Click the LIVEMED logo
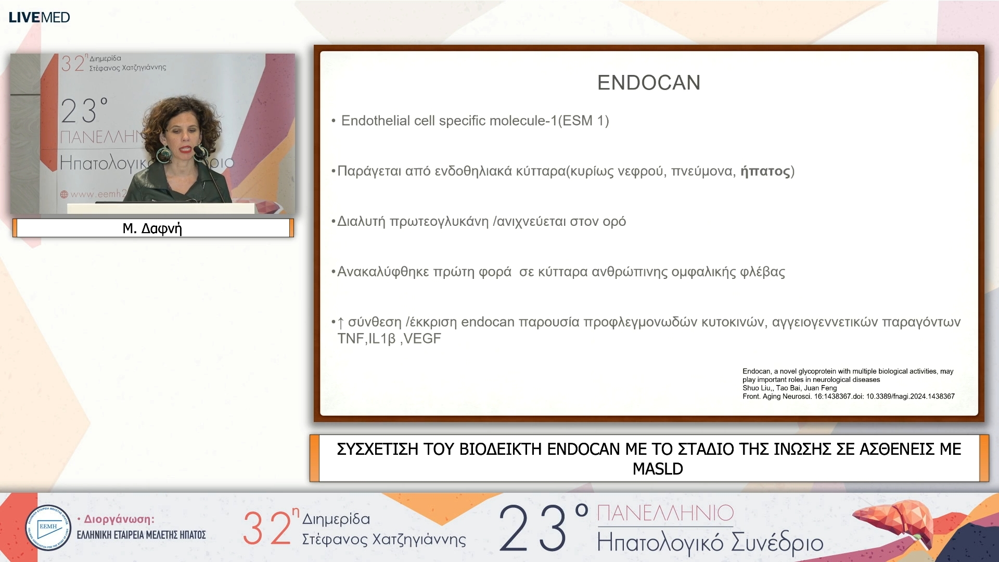click(40, 17)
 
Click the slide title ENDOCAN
click(649, 83)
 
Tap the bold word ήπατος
click(765, 171)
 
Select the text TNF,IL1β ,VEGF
click(389, 339)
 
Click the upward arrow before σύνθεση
click(341, 323)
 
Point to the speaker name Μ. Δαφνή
click(152, 228)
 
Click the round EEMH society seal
click(48, 528)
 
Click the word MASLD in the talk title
click(658, 469)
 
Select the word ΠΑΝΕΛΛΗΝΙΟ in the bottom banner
click(665, 513)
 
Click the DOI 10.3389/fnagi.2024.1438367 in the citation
click(911, 397)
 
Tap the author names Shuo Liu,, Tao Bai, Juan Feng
click(790, 388)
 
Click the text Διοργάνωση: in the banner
click(119, 519)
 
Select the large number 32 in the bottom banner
click(267, 528)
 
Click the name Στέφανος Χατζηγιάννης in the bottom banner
click(384, 540)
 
